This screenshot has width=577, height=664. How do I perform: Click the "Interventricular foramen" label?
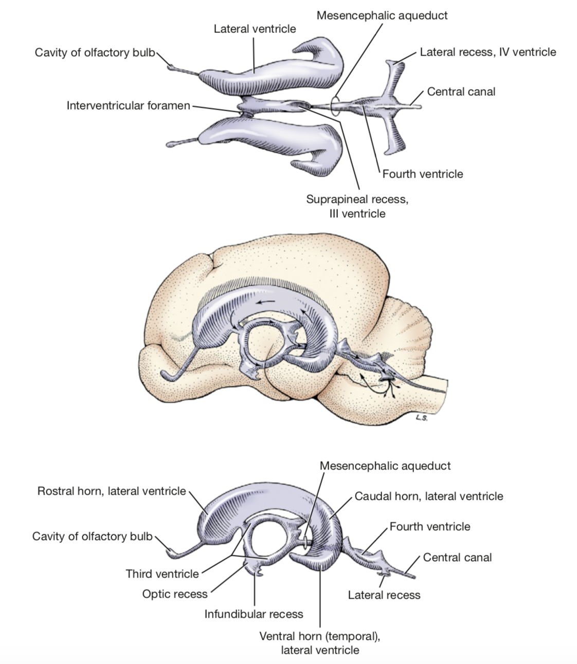click(128, 106)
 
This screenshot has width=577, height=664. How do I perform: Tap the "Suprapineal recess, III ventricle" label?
click(357, 206)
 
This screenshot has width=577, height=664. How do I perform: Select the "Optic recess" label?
click(175, 594)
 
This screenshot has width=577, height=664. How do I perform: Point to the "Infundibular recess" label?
click(254, 614)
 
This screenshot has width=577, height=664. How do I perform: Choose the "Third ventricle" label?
click(162, 574)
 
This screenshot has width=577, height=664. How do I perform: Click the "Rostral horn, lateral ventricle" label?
click(112, 491)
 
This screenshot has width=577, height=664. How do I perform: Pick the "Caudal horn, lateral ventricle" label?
click(429, 496)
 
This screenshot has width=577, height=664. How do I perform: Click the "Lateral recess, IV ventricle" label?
click(488, 52)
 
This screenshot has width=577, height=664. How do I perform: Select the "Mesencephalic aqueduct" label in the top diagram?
click(382, 15)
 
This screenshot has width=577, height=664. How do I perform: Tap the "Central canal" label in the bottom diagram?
click(457, 557)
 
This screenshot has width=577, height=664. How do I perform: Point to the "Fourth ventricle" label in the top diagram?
click(422, 174)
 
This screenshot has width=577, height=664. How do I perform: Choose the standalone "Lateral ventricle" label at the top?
click(255, 29)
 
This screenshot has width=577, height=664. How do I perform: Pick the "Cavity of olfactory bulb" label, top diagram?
click(95, 53)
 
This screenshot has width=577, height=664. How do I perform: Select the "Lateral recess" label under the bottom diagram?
click(384, 595)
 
